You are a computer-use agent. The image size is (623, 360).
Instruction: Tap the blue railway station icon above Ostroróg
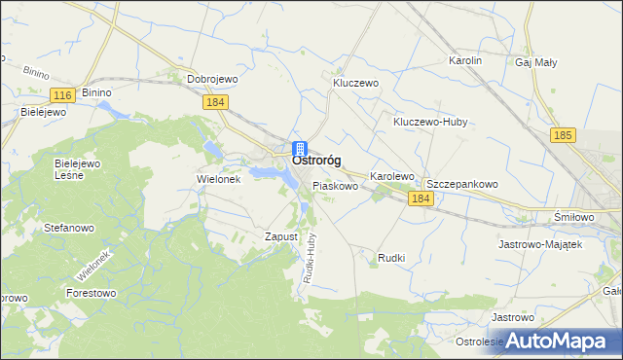[x=300, y=149]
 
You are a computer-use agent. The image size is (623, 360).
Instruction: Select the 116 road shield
[x=63, y=94]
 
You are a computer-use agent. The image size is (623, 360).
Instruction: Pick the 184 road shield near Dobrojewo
[x=216, y=102]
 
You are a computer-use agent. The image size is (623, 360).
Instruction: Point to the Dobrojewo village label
[x=213, y=80]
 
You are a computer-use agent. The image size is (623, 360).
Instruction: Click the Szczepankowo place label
[x=462, y=184]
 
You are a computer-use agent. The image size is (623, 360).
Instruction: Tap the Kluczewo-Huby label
[x=431, y=123]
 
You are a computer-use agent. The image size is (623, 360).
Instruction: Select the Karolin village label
[x=465, y=60]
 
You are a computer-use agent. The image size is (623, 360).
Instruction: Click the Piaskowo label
[x=335, y=185]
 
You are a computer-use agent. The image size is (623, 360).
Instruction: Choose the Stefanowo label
[x=69, y=228]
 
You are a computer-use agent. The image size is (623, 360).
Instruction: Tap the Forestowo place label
[x=91, y=291]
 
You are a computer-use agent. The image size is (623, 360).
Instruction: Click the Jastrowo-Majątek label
[x=540, y=244]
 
